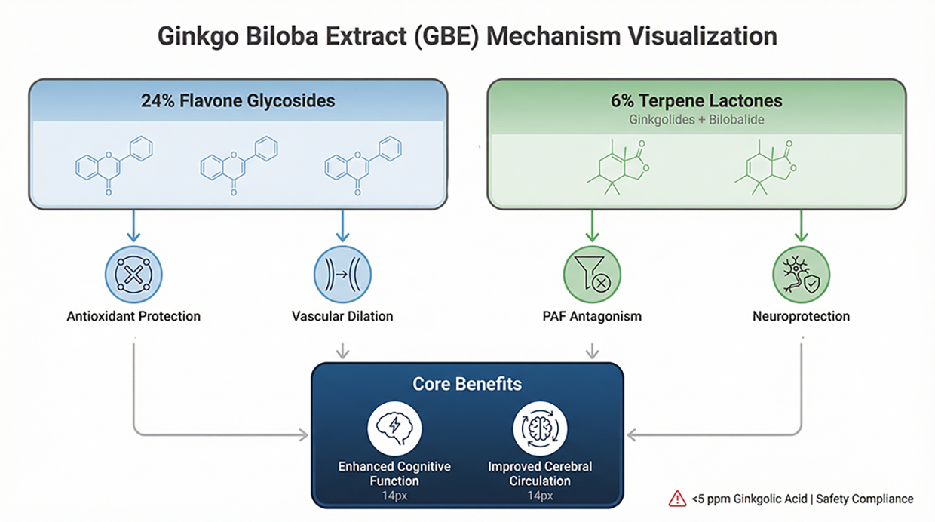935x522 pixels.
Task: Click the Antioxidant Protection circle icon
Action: (133, 275)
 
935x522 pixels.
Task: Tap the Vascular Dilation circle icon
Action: (342, 275)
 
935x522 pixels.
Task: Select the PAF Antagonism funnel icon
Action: (592, 275)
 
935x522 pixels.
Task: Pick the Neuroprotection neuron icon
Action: (801, 275)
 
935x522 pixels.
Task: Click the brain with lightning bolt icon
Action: (394, 428)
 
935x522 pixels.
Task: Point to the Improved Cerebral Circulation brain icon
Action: (540, 428)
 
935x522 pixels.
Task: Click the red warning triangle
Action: (677, 499)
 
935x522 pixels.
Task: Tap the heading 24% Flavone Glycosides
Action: (238, 100)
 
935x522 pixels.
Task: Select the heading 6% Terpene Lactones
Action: (697, 100)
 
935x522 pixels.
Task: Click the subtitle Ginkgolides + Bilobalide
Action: (697, 119)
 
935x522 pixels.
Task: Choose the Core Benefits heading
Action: (467, 384)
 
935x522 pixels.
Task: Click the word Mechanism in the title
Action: (553, 36)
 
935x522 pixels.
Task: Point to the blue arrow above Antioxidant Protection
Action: (133, 226)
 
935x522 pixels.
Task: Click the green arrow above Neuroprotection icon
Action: (801, 226)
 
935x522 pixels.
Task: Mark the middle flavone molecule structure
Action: (239, 166)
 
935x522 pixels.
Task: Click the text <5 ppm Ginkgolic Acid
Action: (750, 499)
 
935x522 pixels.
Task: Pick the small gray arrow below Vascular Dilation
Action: (342, 352)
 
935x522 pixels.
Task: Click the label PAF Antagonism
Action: (592, 316)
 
